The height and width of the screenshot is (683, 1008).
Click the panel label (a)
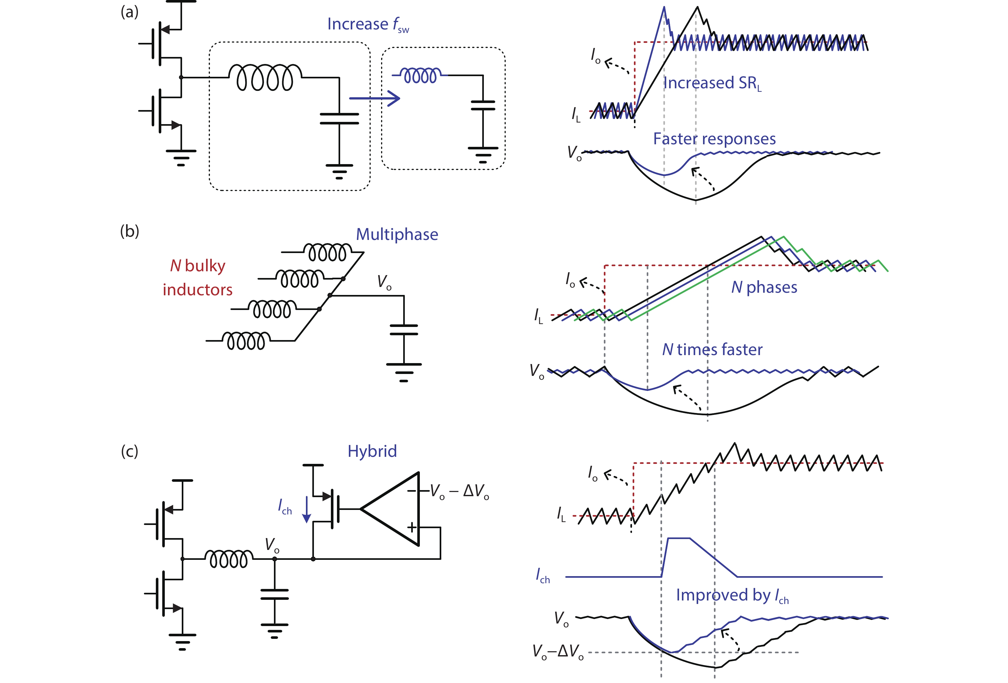tap(129, 12)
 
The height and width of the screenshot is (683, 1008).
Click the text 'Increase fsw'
tap(368, 24)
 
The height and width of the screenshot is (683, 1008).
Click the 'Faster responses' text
tap(714, 139)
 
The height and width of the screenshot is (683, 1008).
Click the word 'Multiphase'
tap(397, 234)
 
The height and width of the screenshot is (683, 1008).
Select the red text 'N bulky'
tap(198, 266)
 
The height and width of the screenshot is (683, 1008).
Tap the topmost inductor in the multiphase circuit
tap(327, 252)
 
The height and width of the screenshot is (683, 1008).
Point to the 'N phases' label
tap(764, 287)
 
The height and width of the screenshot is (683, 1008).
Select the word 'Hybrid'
tap(372, 451)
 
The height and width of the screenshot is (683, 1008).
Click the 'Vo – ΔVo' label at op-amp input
tap(459, 491)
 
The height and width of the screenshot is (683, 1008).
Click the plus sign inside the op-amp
tap(411, 527)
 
